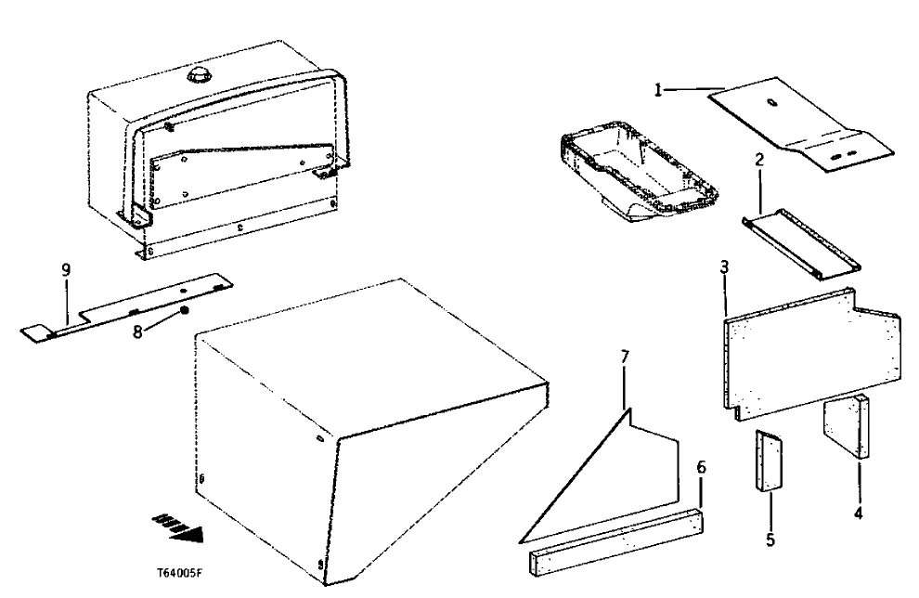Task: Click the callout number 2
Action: (x=759, y=160)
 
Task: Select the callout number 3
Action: (x=724, y=266)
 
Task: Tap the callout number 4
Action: (x=859, y=512)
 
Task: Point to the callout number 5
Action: (x=770, y=538)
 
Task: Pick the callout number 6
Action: (x=702, y=467)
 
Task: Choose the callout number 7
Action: (x=625, y=357)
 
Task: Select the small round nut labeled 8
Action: (x=185, y=309)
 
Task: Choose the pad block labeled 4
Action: (x=850, y=427)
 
